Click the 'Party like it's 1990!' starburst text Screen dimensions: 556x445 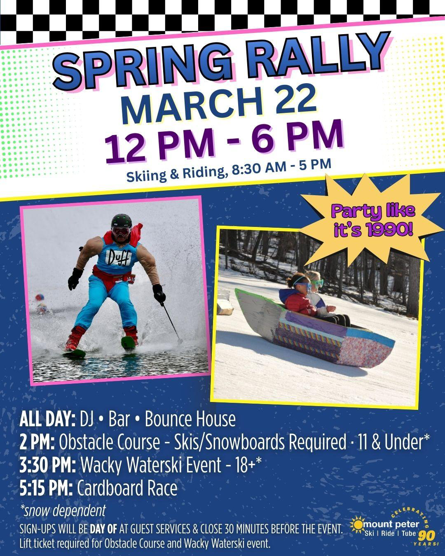click(373, 221)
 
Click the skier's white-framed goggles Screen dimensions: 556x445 click(121, 232)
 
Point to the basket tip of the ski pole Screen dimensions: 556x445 click(180, 341)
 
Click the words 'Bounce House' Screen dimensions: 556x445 click(190, 419)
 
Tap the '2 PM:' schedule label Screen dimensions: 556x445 click(37, 442)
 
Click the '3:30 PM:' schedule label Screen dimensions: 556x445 click(47, 465)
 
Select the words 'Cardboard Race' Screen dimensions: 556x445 click(127, 488)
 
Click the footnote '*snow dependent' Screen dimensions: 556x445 click(63, 511)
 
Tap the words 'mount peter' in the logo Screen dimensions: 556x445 click(391, 524)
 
